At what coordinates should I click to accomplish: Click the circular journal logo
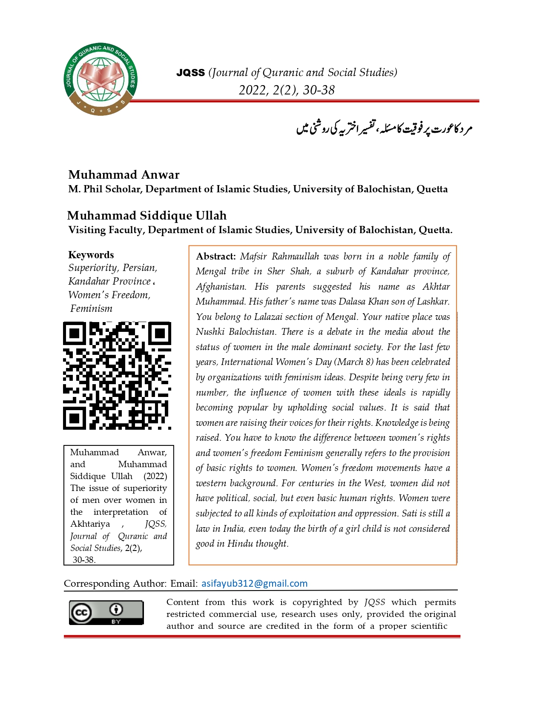pyautogui.click(x=101, y=80)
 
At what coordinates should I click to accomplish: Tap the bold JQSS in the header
pyautogui.click(x=190, y=73)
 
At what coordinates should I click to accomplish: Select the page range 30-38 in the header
pyautogui.click(x=319, y=90)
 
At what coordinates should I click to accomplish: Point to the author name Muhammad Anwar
pyautogui.click(x=124, y=175)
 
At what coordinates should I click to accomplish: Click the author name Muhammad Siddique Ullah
pyautogui.click(x=147, y=216)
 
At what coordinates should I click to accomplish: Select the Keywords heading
pyautogui.click(x=91, y=255)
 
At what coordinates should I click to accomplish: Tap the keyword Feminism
pyautogui.click(x=91, y=308)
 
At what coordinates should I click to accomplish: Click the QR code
pyautogui.click(x=117, y=376)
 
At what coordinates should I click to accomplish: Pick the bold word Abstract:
pyautogui.click(x=215, y=257)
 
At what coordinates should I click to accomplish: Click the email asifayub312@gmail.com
pyautogui.click(x=254, y=583)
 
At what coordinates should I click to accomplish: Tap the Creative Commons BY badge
pyautogui.click(x=106, y=613)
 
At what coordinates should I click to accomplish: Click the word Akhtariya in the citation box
pyautogui.click(x=90, y=524)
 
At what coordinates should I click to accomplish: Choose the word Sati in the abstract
pyautogui.click(x=409, y=514)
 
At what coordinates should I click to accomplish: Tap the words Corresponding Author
pyautogui.click(x=115, y=583)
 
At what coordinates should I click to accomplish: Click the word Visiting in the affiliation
pyautogui.click(x=87, y=230)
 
